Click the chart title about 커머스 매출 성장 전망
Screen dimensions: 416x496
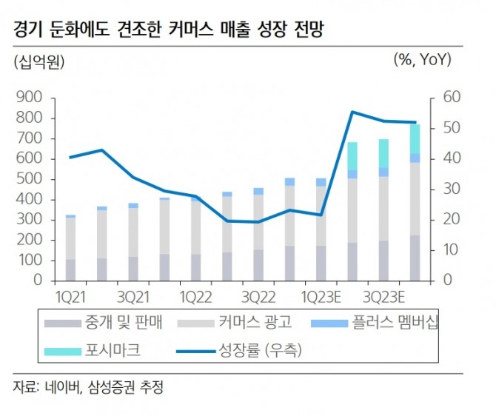[167, 30]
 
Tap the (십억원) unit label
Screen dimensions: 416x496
[39, 62]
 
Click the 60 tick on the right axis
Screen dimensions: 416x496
[432, 98]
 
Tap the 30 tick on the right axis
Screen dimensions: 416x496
[432, 189]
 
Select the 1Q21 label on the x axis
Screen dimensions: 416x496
[71, 297]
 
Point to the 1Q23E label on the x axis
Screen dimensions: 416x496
[320, 297]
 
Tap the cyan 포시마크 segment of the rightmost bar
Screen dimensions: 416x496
[415, 138]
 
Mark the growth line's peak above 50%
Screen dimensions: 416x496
[353, 113]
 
